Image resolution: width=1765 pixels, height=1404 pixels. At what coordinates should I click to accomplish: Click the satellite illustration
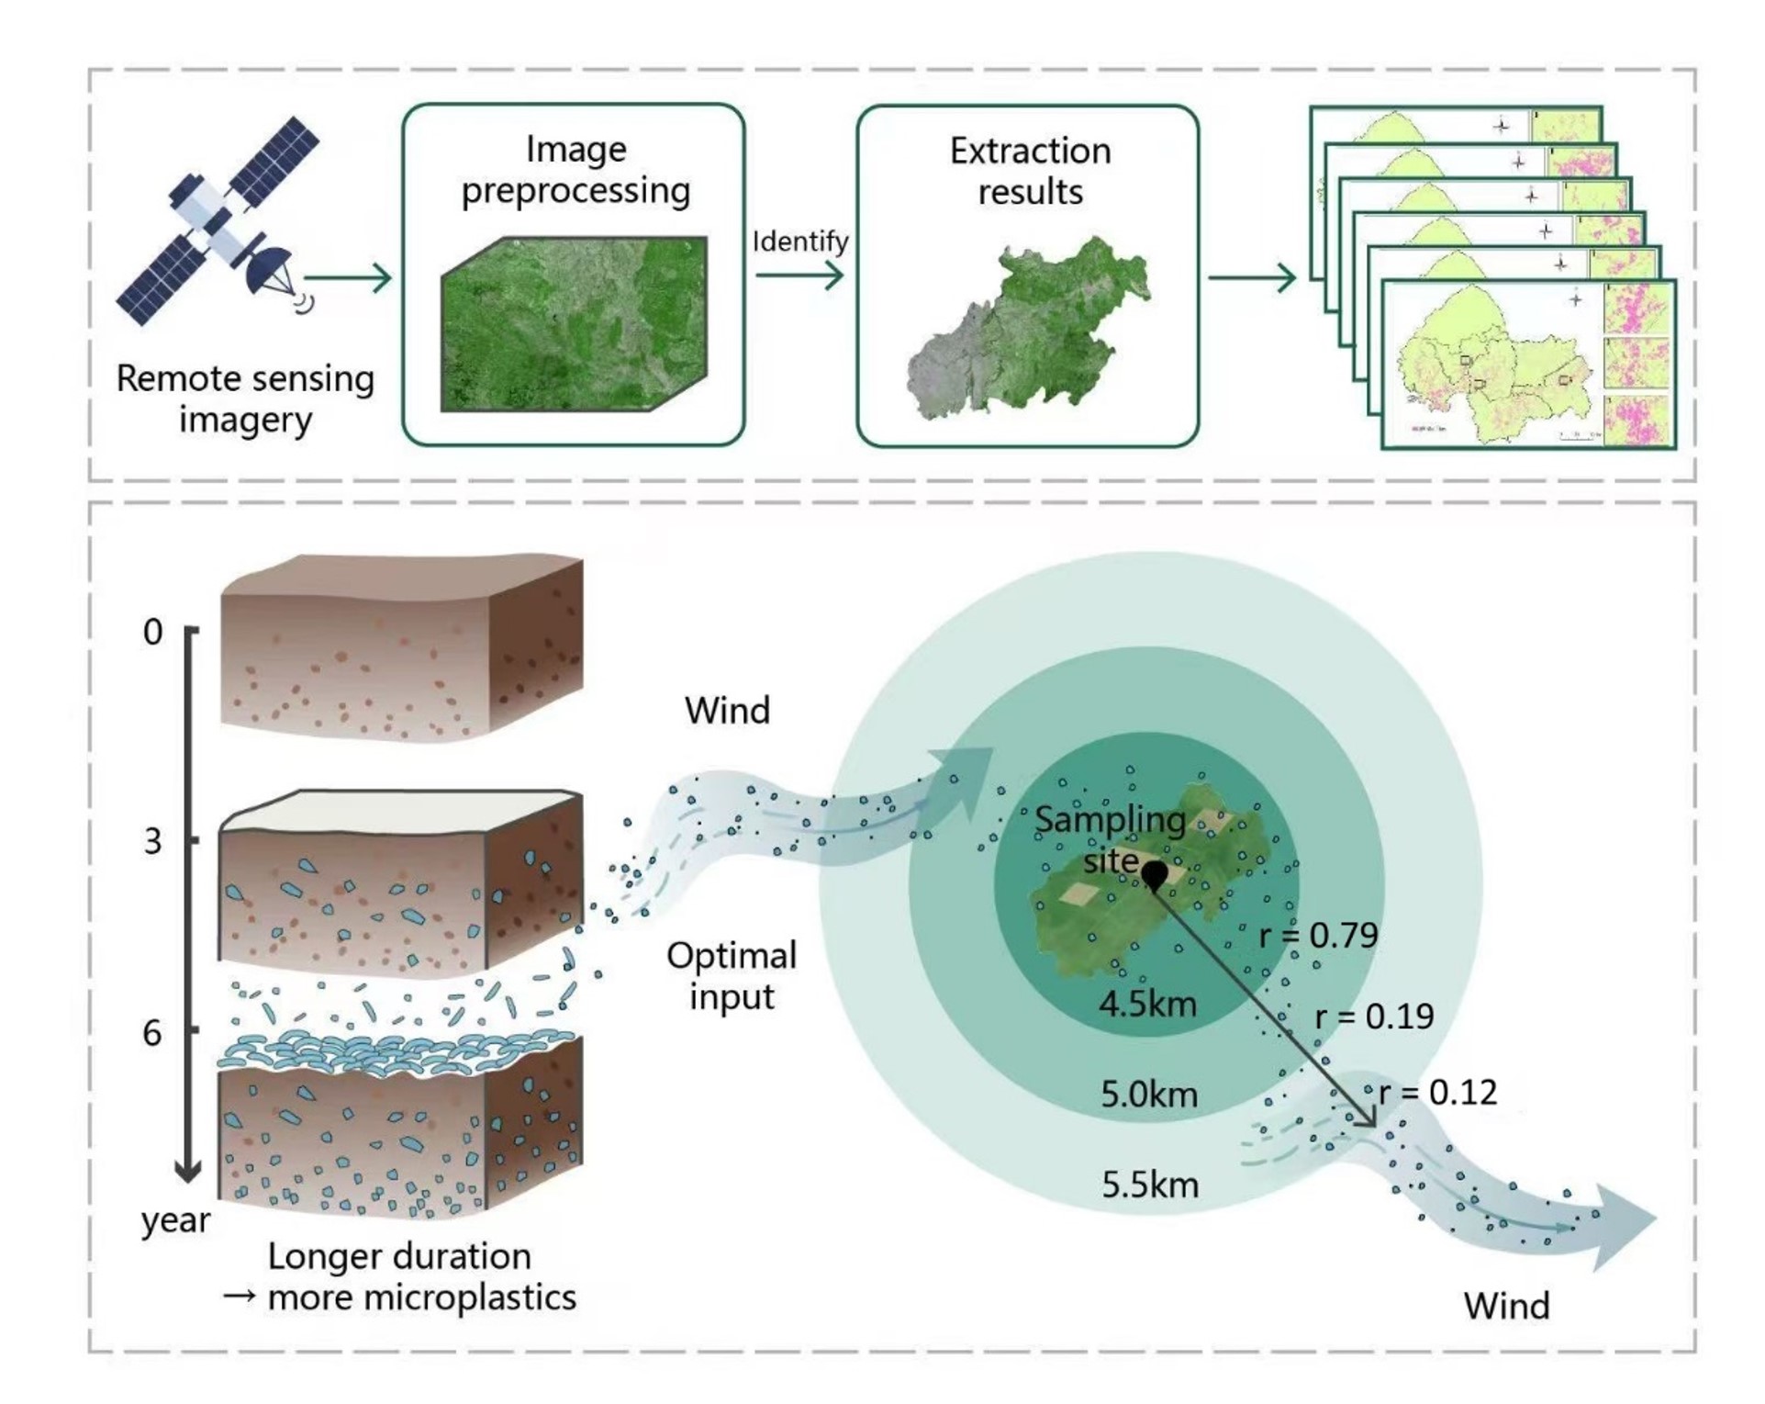click(218, 220)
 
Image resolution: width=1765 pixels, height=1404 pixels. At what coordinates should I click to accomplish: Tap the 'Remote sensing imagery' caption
click(245, 399)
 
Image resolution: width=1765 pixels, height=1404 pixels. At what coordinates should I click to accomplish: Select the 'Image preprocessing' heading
click(575, 170)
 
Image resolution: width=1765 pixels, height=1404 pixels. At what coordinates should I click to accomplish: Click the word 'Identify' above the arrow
click(800, 241)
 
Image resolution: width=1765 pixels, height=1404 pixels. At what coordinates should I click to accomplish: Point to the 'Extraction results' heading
click(1030, 171)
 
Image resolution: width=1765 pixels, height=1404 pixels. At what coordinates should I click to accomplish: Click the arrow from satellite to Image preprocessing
click(348, 277)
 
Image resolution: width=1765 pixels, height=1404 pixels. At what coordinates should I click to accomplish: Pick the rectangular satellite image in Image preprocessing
click(575, 323)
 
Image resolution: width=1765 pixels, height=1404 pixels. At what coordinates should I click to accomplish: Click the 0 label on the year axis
click(153, 632)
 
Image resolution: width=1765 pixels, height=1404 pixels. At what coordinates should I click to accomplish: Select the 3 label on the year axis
click(153, 841)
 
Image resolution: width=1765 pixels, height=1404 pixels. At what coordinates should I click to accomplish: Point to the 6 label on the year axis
click(152, 1034)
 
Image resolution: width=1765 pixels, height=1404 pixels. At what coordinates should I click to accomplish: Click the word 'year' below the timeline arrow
click(175, 1220)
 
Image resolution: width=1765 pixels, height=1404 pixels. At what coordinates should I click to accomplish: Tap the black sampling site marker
click(1154, 874)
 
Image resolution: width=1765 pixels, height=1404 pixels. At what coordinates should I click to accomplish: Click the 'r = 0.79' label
click(1318, 935)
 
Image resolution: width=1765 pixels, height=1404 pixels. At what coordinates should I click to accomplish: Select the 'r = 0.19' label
click(1374, 1016)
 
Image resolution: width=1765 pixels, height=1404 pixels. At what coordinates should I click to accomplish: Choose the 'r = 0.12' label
click(1437, 1092)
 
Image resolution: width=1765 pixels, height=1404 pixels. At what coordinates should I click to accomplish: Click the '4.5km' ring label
click(1148, 1004)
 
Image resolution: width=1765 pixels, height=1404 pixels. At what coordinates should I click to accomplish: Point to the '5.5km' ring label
click(1150, 1185)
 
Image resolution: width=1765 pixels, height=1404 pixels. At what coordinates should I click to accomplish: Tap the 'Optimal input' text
click(732, 975)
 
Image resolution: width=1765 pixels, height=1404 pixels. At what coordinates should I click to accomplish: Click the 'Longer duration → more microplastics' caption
click(401, 1276)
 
